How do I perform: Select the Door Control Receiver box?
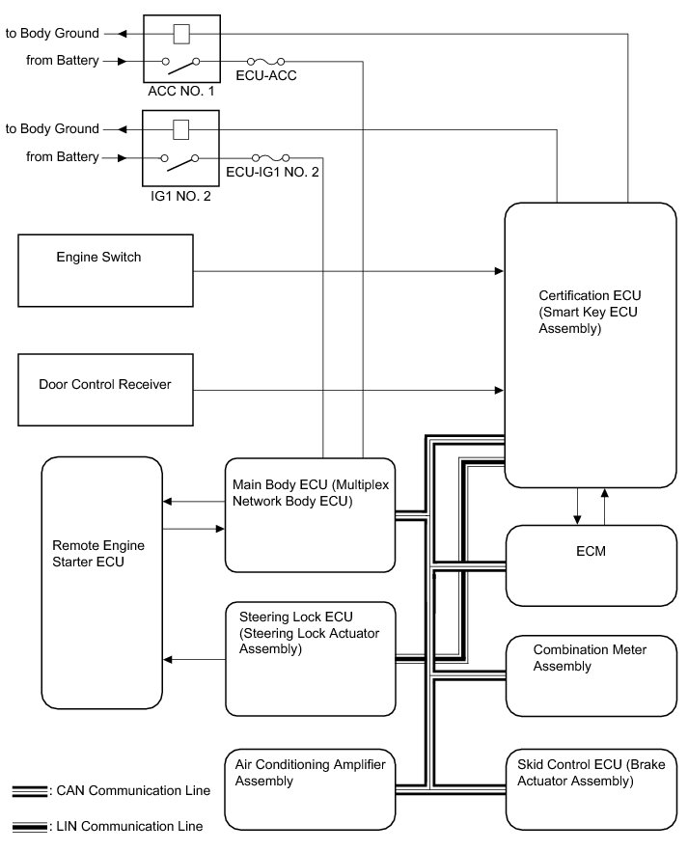[106, 390]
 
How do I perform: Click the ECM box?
[590, 565]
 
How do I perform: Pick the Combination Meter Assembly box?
[590, 675]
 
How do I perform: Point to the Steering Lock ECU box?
[310, 659]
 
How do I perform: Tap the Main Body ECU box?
[310, 515]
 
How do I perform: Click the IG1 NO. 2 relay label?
[180, 194]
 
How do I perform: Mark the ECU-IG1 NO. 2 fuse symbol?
[271, 157]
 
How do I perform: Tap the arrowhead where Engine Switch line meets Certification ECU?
[499, 273]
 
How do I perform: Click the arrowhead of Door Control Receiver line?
[499, 390]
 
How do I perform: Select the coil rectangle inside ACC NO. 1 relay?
[180, 33]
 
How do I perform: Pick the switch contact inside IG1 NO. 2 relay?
[180, 161]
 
